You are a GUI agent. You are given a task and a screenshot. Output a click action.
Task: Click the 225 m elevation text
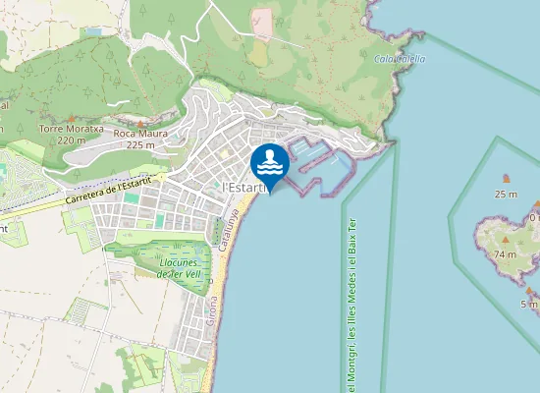point(141,144)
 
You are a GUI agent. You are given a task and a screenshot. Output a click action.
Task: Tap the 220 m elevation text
point(71,140)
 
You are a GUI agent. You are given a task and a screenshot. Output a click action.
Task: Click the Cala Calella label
point(400,58)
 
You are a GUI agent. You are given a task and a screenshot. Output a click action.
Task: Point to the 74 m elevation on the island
point(505,254)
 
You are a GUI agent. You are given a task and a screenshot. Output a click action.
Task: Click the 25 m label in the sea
point(506,194)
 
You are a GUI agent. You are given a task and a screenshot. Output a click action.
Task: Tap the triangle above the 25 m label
point(507,179)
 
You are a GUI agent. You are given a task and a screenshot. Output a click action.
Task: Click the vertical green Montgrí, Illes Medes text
point(351,305)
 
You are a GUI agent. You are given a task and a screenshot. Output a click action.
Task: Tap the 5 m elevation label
point(528,304)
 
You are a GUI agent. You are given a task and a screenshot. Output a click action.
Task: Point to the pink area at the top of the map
point(261,24)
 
